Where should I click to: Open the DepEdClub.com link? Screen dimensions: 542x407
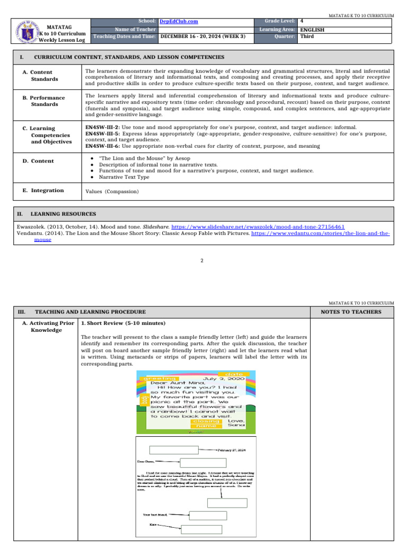pyautogui.click(x=179, y=21)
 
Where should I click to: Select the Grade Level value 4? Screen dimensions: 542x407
pyautogui.click(x=301, y=21)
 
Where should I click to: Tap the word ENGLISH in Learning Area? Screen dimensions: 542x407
pyautogui.click(x=312, y=30)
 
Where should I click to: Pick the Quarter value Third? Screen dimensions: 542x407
pyautogui.click(x=307, y=37)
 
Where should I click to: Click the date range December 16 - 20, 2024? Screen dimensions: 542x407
pyautogui.click(x=203, y=37)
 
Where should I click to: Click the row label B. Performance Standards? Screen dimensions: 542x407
pyautogui.click(x=48, y=101)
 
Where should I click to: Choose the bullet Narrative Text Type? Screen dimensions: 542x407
pyautogui.click(x=125, y=177)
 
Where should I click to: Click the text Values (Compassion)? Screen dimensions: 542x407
pyautogui.click(x=109, y=191)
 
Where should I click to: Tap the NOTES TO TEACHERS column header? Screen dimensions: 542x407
pyautogui.click(x=351, y=312)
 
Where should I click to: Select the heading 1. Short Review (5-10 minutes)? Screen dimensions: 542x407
pyautogui.click(x=123, y=323)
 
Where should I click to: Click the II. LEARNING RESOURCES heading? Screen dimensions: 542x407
pyautogui.click(x=63, y=214)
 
